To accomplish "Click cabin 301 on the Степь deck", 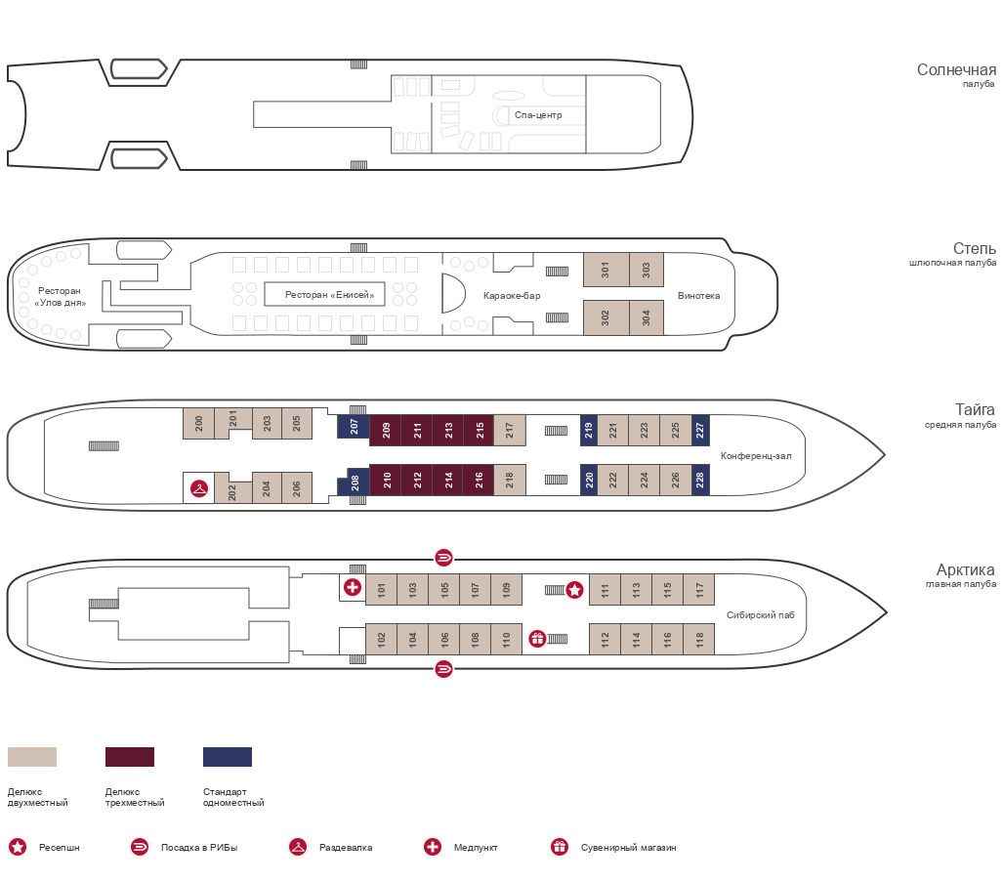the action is [606, 270].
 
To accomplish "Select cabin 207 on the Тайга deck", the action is [354, 427].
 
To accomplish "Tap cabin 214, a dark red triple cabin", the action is [447, 480].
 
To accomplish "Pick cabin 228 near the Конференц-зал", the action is [700, 480].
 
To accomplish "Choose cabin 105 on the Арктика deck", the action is [444, 589].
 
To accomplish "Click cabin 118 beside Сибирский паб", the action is [699, 639].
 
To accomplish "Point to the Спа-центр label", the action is [538, 115].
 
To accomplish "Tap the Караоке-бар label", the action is [512, 296].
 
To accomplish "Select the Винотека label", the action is [698, 296].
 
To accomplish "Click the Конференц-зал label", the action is [756, 456].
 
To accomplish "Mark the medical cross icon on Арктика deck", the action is [352, 587].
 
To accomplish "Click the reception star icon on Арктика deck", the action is [574, 590].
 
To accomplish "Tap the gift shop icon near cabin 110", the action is [537, 639].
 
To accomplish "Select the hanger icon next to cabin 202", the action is [199, 489].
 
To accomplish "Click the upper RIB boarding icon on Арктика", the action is [443, 558].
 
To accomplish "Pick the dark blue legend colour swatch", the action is [228, 757].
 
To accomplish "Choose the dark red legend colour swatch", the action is [130, 757].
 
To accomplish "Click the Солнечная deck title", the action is [956, 69].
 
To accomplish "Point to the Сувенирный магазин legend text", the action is [628, 848].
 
